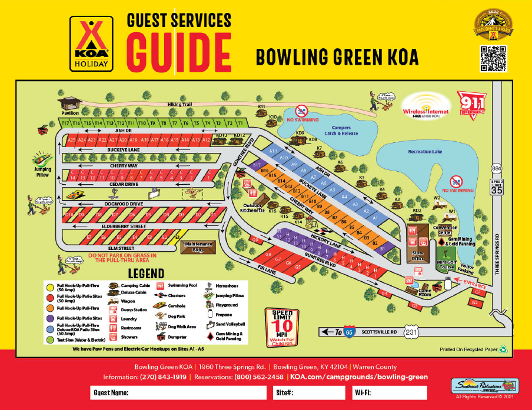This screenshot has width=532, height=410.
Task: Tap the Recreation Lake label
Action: click(x=425, y=152)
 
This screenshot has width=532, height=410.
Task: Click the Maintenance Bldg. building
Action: click(x=197, y=246)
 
